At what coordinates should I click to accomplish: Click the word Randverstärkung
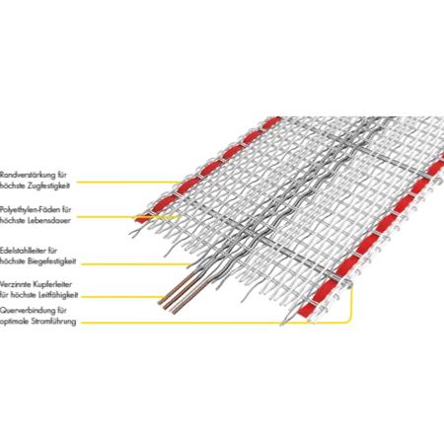click(28, 175)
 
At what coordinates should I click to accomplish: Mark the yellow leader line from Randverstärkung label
click(129, 182)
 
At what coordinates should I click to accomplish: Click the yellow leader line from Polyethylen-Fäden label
click(129, 217)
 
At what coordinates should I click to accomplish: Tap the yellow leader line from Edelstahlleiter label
click(135, 264)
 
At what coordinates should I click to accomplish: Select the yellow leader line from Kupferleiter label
click(121, 296)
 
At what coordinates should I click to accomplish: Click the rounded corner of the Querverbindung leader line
click(349, 320)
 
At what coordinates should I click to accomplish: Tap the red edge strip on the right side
click(371, 237)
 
